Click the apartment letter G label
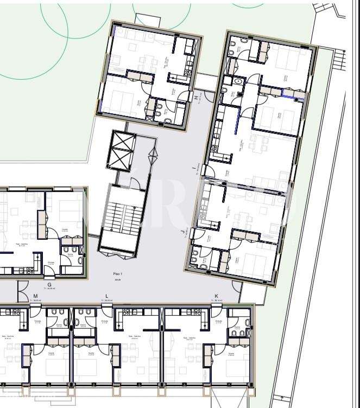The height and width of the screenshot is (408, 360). (x=49, y=284)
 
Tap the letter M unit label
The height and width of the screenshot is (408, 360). (x=36, y=296)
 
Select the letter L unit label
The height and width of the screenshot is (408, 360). (x=106, y=296)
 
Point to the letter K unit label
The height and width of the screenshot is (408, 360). (x=216, y=296)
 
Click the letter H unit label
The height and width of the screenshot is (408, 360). (x=195, y=97)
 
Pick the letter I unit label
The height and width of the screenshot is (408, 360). (x=194, y=169)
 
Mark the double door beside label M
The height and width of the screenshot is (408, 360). (x=24, y=293)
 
